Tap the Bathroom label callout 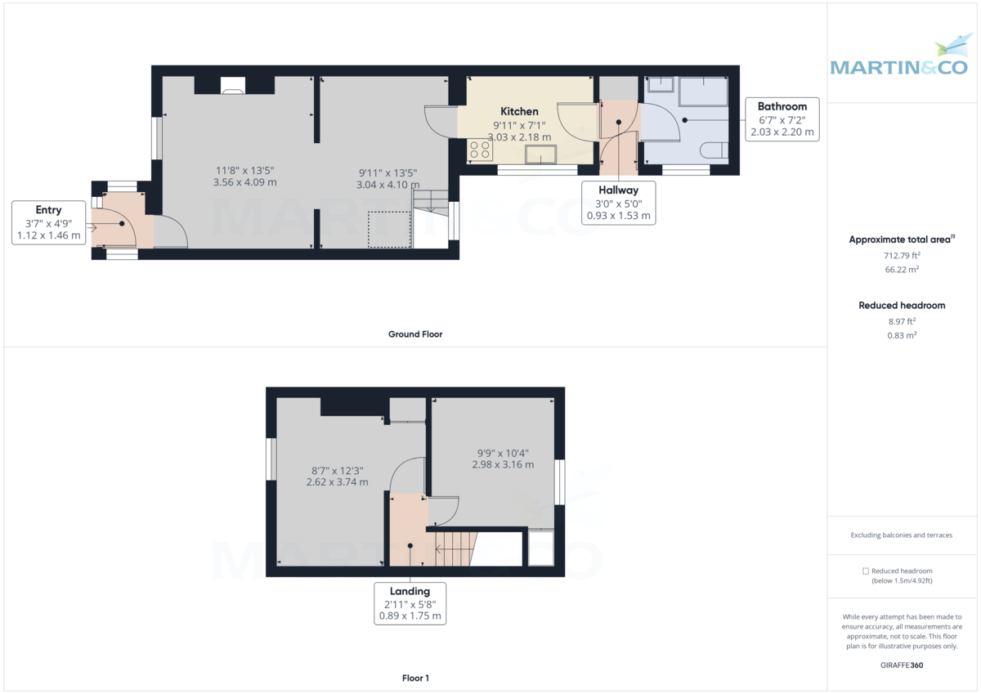(782, 119)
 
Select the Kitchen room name (519, 111)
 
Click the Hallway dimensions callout (618, 203)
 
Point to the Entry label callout (48, 222)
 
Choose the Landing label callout (410, 603)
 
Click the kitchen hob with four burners (480, 150)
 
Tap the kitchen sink (540, 154)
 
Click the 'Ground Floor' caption (415, 334)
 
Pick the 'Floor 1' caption (415, 678)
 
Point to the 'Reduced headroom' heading (901, 305)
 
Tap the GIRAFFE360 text (902, 665)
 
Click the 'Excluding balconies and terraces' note (902, 535)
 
